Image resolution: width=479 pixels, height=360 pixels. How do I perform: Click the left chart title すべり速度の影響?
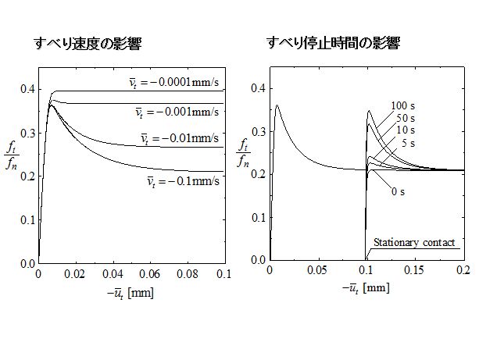tap(87, 44)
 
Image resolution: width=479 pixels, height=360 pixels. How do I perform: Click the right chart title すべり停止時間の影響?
tap(333, 43)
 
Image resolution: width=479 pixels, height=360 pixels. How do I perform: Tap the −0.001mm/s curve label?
tap(177, 112)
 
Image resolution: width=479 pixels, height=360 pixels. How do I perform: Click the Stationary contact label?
tap(414, 243)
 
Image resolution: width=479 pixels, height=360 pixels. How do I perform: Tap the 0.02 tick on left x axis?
tap(75, 276)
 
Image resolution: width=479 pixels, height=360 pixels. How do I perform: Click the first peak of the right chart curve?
tap(277, 105)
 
